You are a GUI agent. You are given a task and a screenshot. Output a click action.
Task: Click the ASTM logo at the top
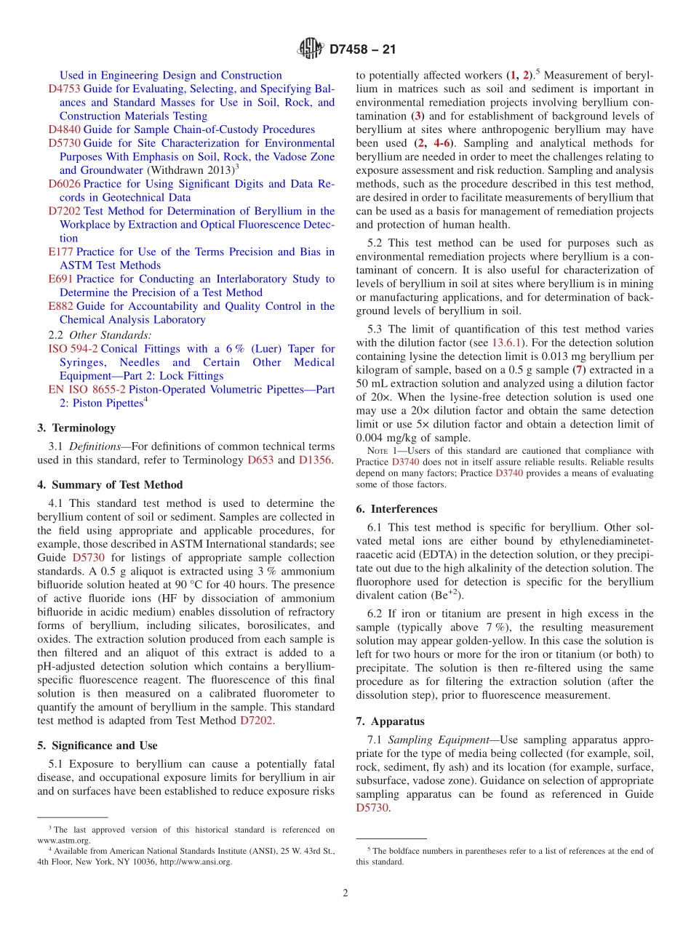310,49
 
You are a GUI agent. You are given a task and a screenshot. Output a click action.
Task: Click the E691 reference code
60,279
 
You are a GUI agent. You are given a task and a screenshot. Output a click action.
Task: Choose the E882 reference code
60,306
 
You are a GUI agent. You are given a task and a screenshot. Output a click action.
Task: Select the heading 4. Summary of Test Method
110,485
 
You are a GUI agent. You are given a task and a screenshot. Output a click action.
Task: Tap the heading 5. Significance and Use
97,745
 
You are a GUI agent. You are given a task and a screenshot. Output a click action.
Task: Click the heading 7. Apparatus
390,721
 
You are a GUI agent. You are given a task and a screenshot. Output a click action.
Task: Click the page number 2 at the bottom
345,894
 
